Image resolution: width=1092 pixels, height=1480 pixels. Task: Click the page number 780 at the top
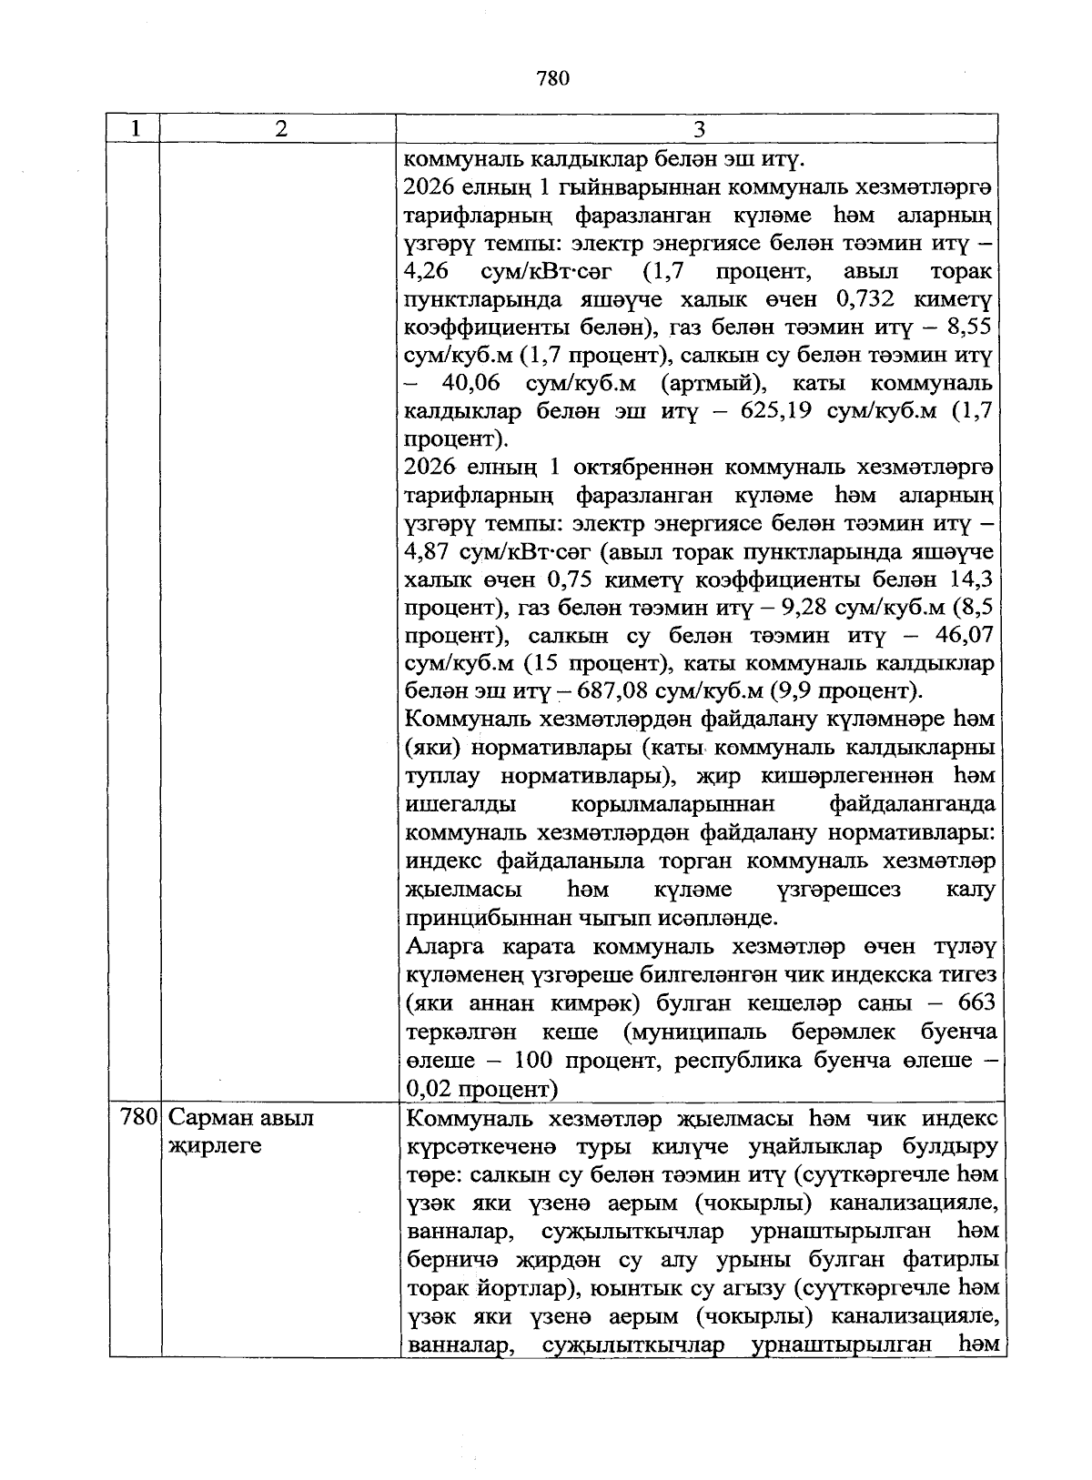point(552,79)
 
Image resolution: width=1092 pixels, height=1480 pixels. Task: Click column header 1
point(135,129)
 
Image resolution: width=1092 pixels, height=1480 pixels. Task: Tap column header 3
point(698,129)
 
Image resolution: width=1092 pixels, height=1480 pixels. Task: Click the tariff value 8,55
point(967,328)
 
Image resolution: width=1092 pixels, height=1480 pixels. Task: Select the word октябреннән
point(638,468)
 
